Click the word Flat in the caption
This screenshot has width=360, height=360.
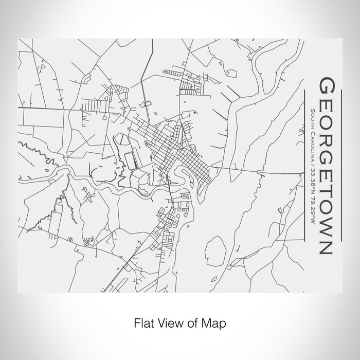[x=142, y=323]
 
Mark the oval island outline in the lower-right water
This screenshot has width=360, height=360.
[x=213, y=252]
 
